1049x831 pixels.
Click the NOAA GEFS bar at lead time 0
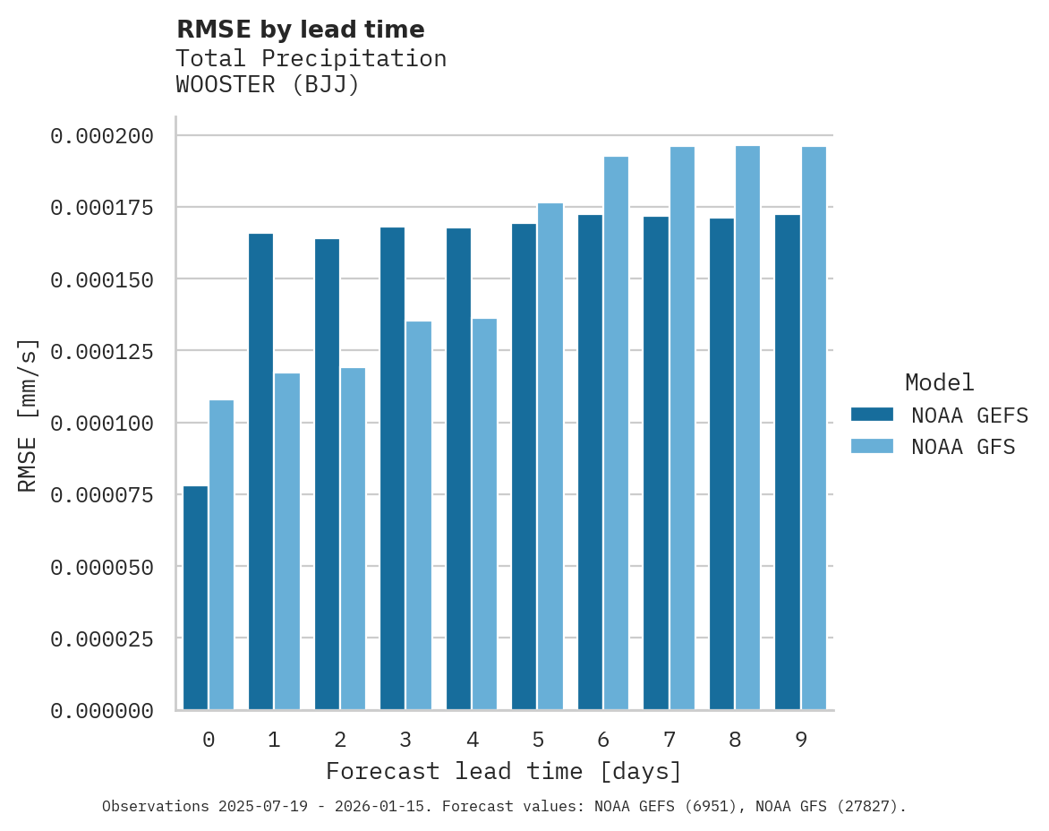tap(195, 597)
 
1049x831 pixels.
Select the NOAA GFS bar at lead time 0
tap(221, 554)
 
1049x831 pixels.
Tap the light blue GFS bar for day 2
tap(353, 538)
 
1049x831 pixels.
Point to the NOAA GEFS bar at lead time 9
tap(788, 462)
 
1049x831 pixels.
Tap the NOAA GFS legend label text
tap(963, 447)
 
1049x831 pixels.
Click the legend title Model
tap(939, 382)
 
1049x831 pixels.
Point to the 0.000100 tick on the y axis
tap(102, 423)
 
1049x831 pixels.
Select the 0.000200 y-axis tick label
tap(102, 136)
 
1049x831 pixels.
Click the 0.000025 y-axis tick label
tap(102, 638)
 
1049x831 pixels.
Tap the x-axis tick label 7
tap(669, 740)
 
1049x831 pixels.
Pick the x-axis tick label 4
tap(472, 740)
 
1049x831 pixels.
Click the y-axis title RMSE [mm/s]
tap(29, 415)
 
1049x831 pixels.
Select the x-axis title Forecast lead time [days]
tap(504, 771)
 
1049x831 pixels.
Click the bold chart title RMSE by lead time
tap(300, 30)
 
